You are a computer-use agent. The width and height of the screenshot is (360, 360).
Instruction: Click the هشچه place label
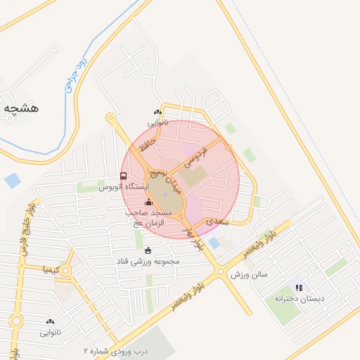coord(21,108)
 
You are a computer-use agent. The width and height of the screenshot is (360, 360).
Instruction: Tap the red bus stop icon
coord(124,176)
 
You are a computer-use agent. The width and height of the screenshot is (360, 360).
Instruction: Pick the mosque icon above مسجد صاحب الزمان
coord(148,202)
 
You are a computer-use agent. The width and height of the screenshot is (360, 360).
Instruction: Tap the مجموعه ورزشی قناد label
coord(148,261)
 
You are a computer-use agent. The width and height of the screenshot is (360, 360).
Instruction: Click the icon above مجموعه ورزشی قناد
coord(148,250)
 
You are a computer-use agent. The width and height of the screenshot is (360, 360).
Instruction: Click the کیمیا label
coord(57,269)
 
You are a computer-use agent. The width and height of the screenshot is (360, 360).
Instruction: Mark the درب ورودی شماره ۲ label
coord(113,349)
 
